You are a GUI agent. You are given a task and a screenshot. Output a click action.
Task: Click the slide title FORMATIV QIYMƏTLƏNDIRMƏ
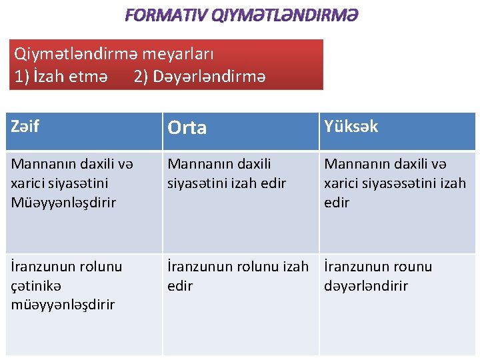point(240,15)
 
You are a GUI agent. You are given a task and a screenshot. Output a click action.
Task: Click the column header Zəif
point(25,126)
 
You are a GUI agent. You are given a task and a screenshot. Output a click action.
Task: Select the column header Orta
point(187,127)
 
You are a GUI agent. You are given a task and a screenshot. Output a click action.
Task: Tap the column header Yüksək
point(351,126)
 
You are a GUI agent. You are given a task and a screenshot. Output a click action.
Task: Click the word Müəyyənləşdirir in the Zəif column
point(63,203)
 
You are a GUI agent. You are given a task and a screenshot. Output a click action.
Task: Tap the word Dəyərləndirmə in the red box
point(209,77)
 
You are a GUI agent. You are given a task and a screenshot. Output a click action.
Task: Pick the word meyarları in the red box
point(178,53)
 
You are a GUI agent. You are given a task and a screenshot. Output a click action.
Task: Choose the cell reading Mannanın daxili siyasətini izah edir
point(227,173)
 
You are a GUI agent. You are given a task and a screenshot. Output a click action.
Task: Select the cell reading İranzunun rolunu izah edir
point(237,276)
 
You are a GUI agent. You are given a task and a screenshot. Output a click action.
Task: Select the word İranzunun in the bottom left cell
point(43,267)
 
